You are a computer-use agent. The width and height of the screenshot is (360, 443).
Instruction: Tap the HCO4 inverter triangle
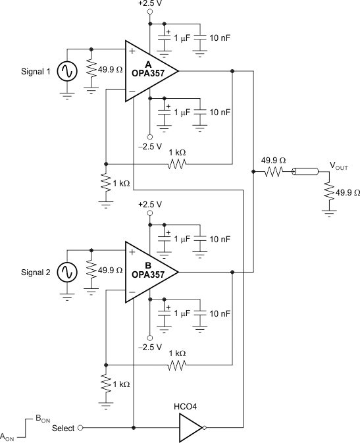click(190, 427)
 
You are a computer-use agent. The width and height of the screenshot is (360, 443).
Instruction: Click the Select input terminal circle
click(80, 427)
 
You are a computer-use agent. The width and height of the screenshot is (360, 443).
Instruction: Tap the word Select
click(63, 428)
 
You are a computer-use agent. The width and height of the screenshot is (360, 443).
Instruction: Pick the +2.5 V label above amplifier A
click(149, 4)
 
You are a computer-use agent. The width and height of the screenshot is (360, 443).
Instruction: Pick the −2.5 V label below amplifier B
click(149, 346)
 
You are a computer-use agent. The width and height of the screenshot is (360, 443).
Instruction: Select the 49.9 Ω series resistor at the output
click(272, 172)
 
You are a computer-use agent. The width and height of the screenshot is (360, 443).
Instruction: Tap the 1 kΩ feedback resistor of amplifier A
click(176, 163)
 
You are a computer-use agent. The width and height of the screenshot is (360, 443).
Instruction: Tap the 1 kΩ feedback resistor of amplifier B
click(176, 364)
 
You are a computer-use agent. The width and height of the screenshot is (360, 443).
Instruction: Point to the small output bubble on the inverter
click(204, 427)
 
